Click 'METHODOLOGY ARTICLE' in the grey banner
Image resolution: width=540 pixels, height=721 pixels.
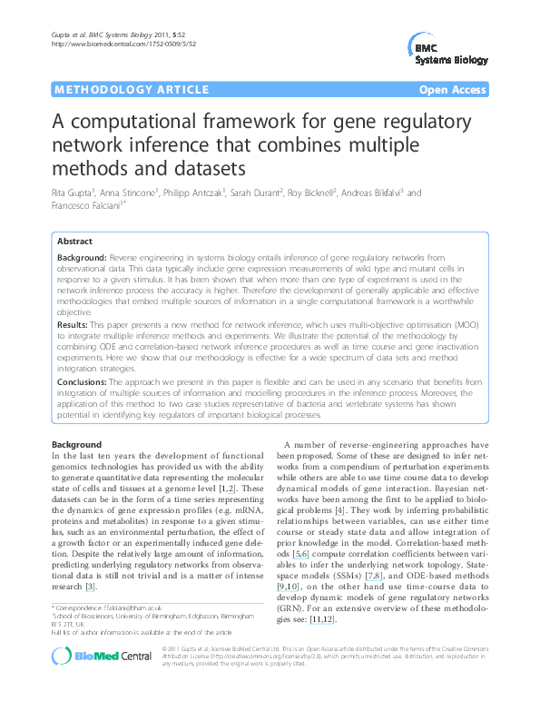point(118,90)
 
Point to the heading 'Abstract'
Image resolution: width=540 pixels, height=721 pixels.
point(74,242)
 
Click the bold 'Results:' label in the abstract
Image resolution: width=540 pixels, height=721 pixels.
point(72,324)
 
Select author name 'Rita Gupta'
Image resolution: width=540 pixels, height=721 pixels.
point(74,193)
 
